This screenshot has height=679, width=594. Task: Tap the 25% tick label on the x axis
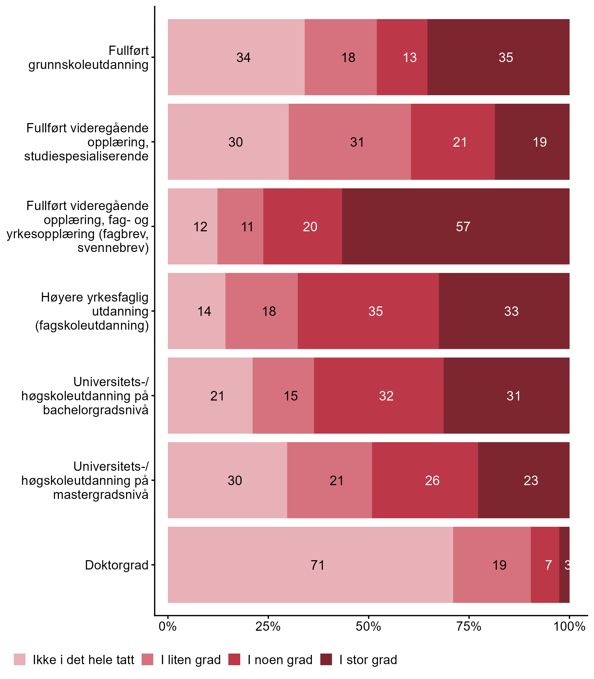268,626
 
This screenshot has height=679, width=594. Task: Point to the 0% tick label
168,626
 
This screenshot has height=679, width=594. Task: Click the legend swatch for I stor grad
326,659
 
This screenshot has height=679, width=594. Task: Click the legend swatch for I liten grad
147,659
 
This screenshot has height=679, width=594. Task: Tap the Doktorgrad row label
117,565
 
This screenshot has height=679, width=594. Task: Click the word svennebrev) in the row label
113,248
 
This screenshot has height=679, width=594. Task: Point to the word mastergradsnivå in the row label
101,495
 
